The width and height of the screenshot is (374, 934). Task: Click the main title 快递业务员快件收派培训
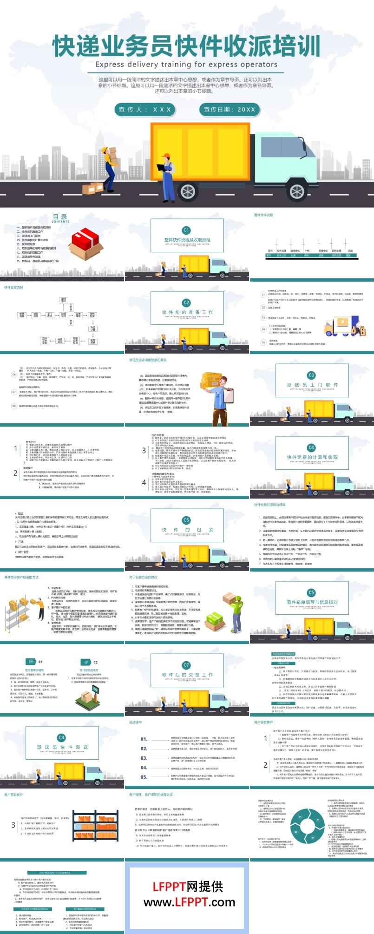[186, 46]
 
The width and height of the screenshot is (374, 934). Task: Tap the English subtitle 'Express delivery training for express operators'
[186, 65]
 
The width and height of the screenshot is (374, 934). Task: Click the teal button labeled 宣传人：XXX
[145, 110]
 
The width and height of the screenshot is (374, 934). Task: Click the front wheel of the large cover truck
[188, 191]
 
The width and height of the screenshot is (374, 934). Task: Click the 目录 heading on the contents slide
[60, 217]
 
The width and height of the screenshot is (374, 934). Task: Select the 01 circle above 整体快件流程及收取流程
[186, 230]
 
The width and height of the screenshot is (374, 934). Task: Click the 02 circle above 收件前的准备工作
[186, 303]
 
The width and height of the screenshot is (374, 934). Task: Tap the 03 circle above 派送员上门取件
[311, 375]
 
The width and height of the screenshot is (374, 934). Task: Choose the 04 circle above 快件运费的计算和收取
[311, 447]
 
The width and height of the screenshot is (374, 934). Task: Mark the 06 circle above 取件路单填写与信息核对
[311, 592]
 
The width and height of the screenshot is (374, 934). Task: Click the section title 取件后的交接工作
[187, 674]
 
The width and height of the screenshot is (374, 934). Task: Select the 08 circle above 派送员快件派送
[62, 737]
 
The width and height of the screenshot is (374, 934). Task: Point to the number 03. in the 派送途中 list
[144, 758]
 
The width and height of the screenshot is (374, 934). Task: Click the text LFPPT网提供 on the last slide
[188, 886]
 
